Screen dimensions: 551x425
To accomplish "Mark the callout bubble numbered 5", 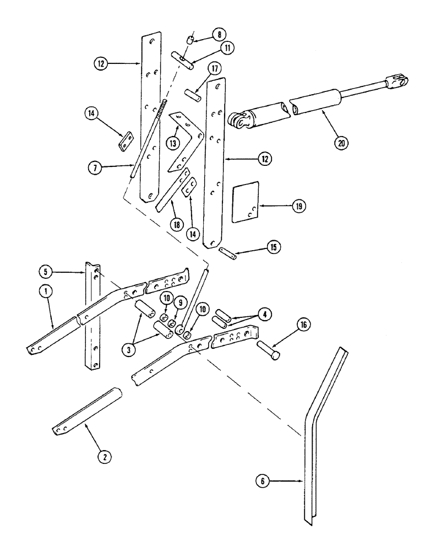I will (47, 272).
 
